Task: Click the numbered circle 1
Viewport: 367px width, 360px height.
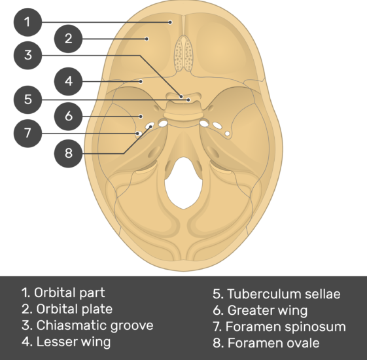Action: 27,22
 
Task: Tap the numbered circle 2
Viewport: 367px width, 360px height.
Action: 68,39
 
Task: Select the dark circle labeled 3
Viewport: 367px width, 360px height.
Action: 27,56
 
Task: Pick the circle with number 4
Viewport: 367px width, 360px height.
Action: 68,82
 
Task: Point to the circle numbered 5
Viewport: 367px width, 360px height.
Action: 27,99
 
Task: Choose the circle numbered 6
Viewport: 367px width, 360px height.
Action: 68,116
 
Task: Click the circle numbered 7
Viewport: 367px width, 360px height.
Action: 27,134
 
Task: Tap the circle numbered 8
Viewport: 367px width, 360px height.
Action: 68,154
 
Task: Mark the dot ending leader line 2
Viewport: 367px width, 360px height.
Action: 147,39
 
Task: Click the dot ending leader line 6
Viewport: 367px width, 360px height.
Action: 141,116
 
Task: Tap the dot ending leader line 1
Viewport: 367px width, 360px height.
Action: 170,22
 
